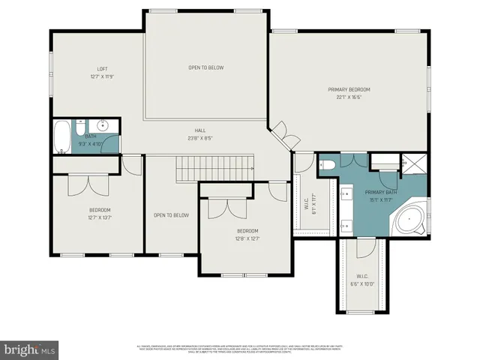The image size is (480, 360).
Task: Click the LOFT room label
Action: pos(102,68)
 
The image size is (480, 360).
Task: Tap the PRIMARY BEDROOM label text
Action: pos(349,89)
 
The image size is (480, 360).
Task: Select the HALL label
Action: pos(200,130)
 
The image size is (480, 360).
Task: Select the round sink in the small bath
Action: pos(105,125)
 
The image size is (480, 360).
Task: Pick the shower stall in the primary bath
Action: pos(415,163)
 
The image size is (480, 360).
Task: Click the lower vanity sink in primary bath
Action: pos(346,223)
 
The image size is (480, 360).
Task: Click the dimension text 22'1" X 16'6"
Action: pos(349,97)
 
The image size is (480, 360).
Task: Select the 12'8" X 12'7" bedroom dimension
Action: pos(247,239)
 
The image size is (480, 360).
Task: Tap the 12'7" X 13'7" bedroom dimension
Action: pos(100,218)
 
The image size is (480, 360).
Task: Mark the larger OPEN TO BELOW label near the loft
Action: pos(205,67)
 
